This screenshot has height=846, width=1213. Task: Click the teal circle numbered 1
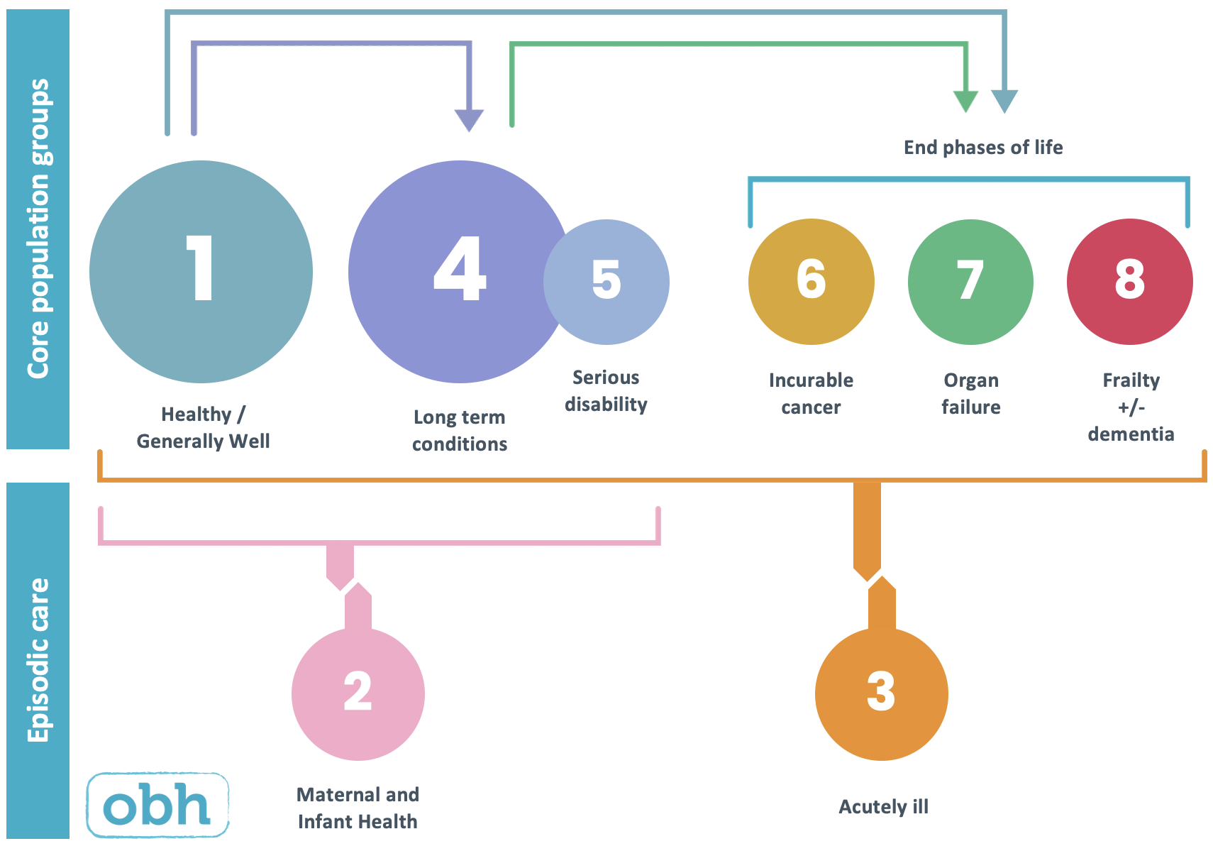pyautogui.click(x=201, y=272)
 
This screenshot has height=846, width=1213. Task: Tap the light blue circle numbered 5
pyautogui.click(x=607, y=282)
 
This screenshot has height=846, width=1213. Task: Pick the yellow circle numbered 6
pyautogui.click(x=811, y=282)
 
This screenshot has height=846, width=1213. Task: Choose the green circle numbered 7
pyautogui.click(x=970, y=282)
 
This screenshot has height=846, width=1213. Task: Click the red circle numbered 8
pyautogui.click(x=1129, y=282)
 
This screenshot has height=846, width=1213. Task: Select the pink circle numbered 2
pyautogui.click(x=358, y=694)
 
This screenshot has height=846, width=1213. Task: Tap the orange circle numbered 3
pyautogui.click(x=881, y=694)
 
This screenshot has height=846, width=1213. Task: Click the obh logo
pyautogui.click(x=157, y=805)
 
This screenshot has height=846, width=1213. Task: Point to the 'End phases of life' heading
pyautogui.click(x=982, y=148)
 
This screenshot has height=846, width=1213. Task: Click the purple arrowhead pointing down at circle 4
pyautogui.click(x=469, y=119)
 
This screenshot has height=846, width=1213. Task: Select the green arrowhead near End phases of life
pyautogui.click(x=965, y=101)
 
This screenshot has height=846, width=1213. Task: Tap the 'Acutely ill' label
pyautogui.click(x=883, y=807)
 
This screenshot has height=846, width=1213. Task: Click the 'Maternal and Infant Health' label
pyautogui.click(x=358, y=808)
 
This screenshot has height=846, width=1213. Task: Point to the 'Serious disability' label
pyautogui.click(x=606, y=391)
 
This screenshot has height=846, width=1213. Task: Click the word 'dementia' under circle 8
pyautogui.click(x=1131, y=434)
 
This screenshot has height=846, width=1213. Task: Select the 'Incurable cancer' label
pyautogui.click(x=811, y=394)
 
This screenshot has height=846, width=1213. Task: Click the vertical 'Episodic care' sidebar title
pyautogui.click(x=38, y=660)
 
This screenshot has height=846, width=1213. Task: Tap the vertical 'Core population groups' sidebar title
pyautogui.click(x=38, y=229)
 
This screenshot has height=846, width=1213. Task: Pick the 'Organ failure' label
pyautogui.click(x=970, y=394)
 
